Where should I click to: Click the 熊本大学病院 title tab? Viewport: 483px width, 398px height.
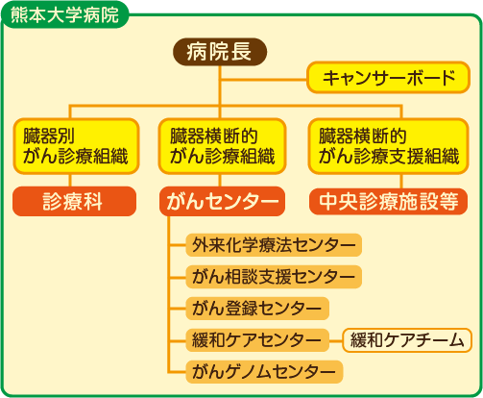click(65, 15)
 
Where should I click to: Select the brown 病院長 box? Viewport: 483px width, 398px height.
click(220, 52)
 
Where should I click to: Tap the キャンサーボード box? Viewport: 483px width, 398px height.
click(388, 78)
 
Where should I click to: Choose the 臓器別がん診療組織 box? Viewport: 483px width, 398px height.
click(76, 146)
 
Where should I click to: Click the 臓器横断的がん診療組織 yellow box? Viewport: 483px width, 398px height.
click(222, 146)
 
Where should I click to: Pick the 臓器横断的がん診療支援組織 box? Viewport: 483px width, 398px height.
click(389, 146)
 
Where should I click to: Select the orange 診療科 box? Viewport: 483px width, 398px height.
click(74, 201)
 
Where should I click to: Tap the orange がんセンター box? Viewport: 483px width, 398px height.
click(222, 201)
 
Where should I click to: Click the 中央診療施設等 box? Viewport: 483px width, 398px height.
click(389, 201)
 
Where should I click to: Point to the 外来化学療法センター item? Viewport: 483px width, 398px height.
click(274, 245)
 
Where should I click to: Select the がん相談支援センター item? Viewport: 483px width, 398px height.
click(274, 277)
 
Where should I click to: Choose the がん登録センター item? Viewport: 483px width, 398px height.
click(257, 309)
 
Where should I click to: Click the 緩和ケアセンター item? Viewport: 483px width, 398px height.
click(257, 340)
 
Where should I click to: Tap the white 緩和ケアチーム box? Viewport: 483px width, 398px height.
click(407, 340)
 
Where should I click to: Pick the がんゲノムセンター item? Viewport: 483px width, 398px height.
click(264, 372)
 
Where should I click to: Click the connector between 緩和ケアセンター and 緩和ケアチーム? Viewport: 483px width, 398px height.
click(336, 340)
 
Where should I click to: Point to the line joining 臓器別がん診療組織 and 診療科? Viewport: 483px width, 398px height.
click(70, 181)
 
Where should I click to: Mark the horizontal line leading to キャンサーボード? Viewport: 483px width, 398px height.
click(263, 79)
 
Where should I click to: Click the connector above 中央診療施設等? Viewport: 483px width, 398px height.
click(401, 181)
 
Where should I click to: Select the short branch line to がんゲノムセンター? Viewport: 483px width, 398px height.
click(177, 372)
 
